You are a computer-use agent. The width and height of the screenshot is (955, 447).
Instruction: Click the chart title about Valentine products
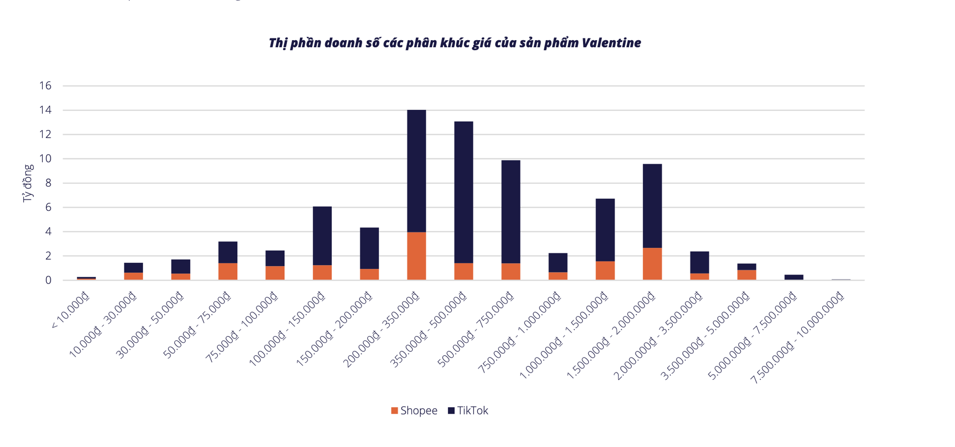(455, 43)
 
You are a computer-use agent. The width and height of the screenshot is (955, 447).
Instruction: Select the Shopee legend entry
(414, 411)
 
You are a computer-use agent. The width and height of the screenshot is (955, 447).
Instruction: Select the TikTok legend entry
(468, 411)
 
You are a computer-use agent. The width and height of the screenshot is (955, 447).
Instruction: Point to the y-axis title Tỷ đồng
(28, 183)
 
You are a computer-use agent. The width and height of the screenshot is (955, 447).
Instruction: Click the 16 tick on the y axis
(45, 86)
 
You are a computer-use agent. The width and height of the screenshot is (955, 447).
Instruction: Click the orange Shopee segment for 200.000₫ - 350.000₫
(416, 256)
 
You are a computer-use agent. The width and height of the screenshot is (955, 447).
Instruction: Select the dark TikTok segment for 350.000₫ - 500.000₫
(464, 191)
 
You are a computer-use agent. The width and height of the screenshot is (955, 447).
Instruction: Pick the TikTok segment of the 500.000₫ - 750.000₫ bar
(510, 211)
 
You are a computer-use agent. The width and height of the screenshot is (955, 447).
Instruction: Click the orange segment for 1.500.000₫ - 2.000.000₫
(652, 263)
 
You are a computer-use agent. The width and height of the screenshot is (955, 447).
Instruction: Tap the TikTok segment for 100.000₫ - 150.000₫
(322, 235)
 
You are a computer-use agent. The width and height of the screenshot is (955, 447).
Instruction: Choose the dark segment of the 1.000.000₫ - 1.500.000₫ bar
(605, 229)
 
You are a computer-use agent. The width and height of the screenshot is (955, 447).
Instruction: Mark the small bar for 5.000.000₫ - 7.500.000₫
(794, 277)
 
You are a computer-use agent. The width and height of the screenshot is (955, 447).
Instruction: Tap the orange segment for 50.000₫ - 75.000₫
(228, 271)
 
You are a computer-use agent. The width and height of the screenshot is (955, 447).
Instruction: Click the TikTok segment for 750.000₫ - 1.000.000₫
(558, 262)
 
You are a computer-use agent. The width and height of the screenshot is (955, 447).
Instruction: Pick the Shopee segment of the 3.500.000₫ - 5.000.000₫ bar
(746, 274)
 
